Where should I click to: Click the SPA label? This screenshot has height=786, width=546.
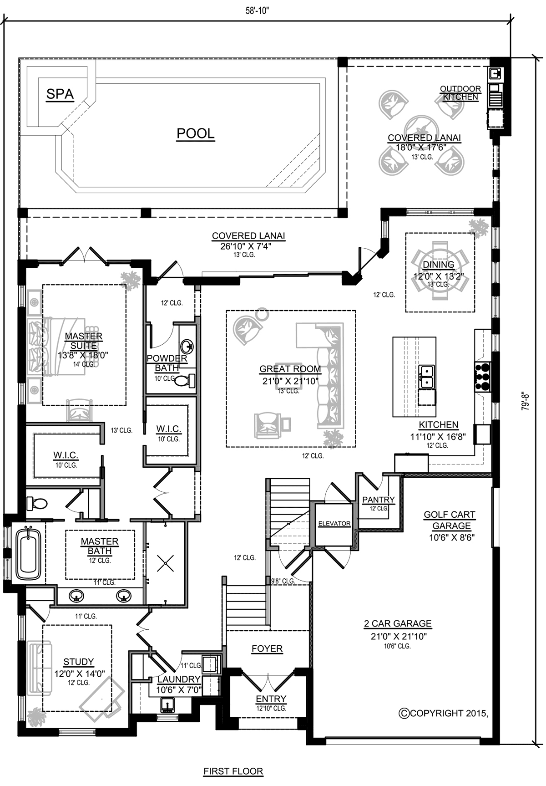click(60, 94)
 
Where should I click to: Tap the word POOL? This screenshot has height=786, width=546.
click(195, 133)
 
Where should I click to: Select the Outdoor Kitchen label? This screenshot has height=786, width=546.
click(460, 93)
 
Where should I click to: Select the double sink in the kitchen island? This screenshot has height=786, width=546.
click(426, 377)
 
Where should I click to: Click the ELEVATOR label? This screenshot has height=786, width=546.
click(334, 524)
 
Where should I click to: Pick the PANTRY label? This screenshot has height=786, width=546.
click(378, 500)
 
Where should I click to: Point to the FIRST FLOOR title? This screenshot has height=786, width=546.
click(233, 771)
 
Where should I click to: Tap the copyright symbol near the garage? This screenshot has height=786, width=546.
click(404, 713)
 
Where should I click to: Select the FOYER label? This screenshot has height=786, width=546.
click(267, 648)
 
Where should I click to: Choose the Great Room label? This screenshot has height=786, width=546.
click(290, 369)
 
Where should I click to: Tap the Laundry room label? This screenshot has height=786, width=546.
click(179, 679)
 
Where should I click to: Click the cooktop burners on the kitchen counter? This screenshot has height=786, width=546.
click(482, 376)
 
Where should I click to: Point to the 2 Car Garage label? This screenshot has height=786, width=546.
click(398, 624)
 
